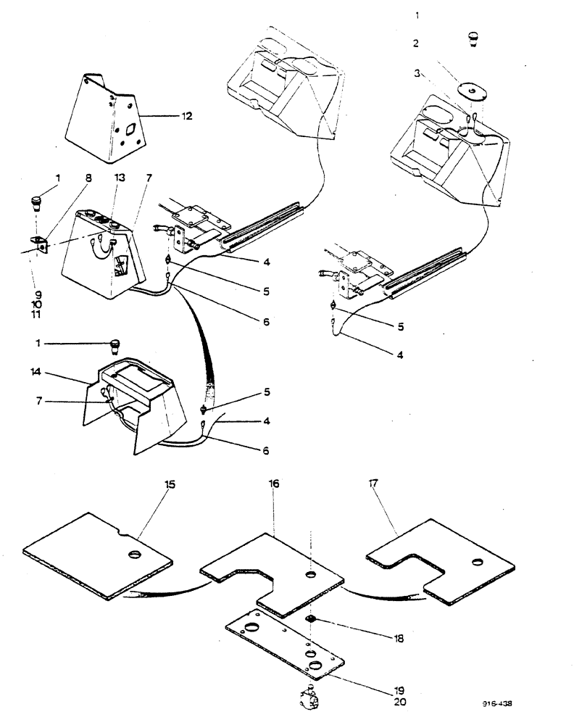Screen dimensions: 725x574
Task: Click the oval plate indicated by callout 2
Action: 472,92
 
